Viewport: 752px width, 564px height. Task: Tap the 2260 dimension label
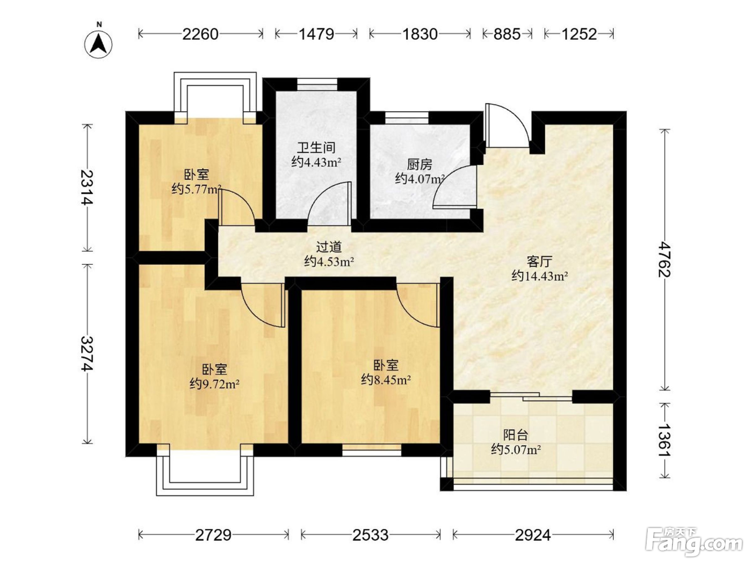pyautogui.click(x=200, y=34)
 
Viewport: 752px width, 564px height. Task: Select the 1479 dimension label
pyautogui.click(x=316, y=34)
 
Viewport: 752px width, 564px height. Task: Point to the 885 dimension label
pyautogui.click(x=507, y=34)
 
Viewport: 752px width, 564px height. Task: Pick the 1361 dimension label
pyautogui.click(x=665, y=440)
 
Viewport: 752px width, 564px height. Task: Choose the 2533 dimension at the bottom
pyautogui.click(x=371, y=535)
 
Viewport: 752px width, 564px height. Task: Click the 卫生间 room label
pyautogui.click(x=316, y=148)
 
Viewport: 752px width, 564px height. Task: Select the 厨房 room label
pyautogui.click(x=420, y=165)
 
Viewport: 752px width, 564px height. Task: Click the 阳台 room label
pyautogui.click(x=516, y=435)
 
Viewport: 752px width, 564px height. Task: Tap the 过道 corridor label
pyautogui.click(x=329, y=247)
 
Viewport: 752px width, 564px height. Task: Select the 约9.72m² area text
pyautogui.click(x=214, y=384)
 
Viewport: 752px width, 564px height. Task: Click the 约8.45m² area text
pyautogui.click(x=386, y=379)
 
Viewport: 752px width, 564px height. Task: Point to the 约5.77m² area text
pyautogui.click(x=197, y=189)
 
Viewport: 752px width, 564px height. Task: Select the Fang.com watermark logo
pyautogui.click(x=694, y=543)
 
